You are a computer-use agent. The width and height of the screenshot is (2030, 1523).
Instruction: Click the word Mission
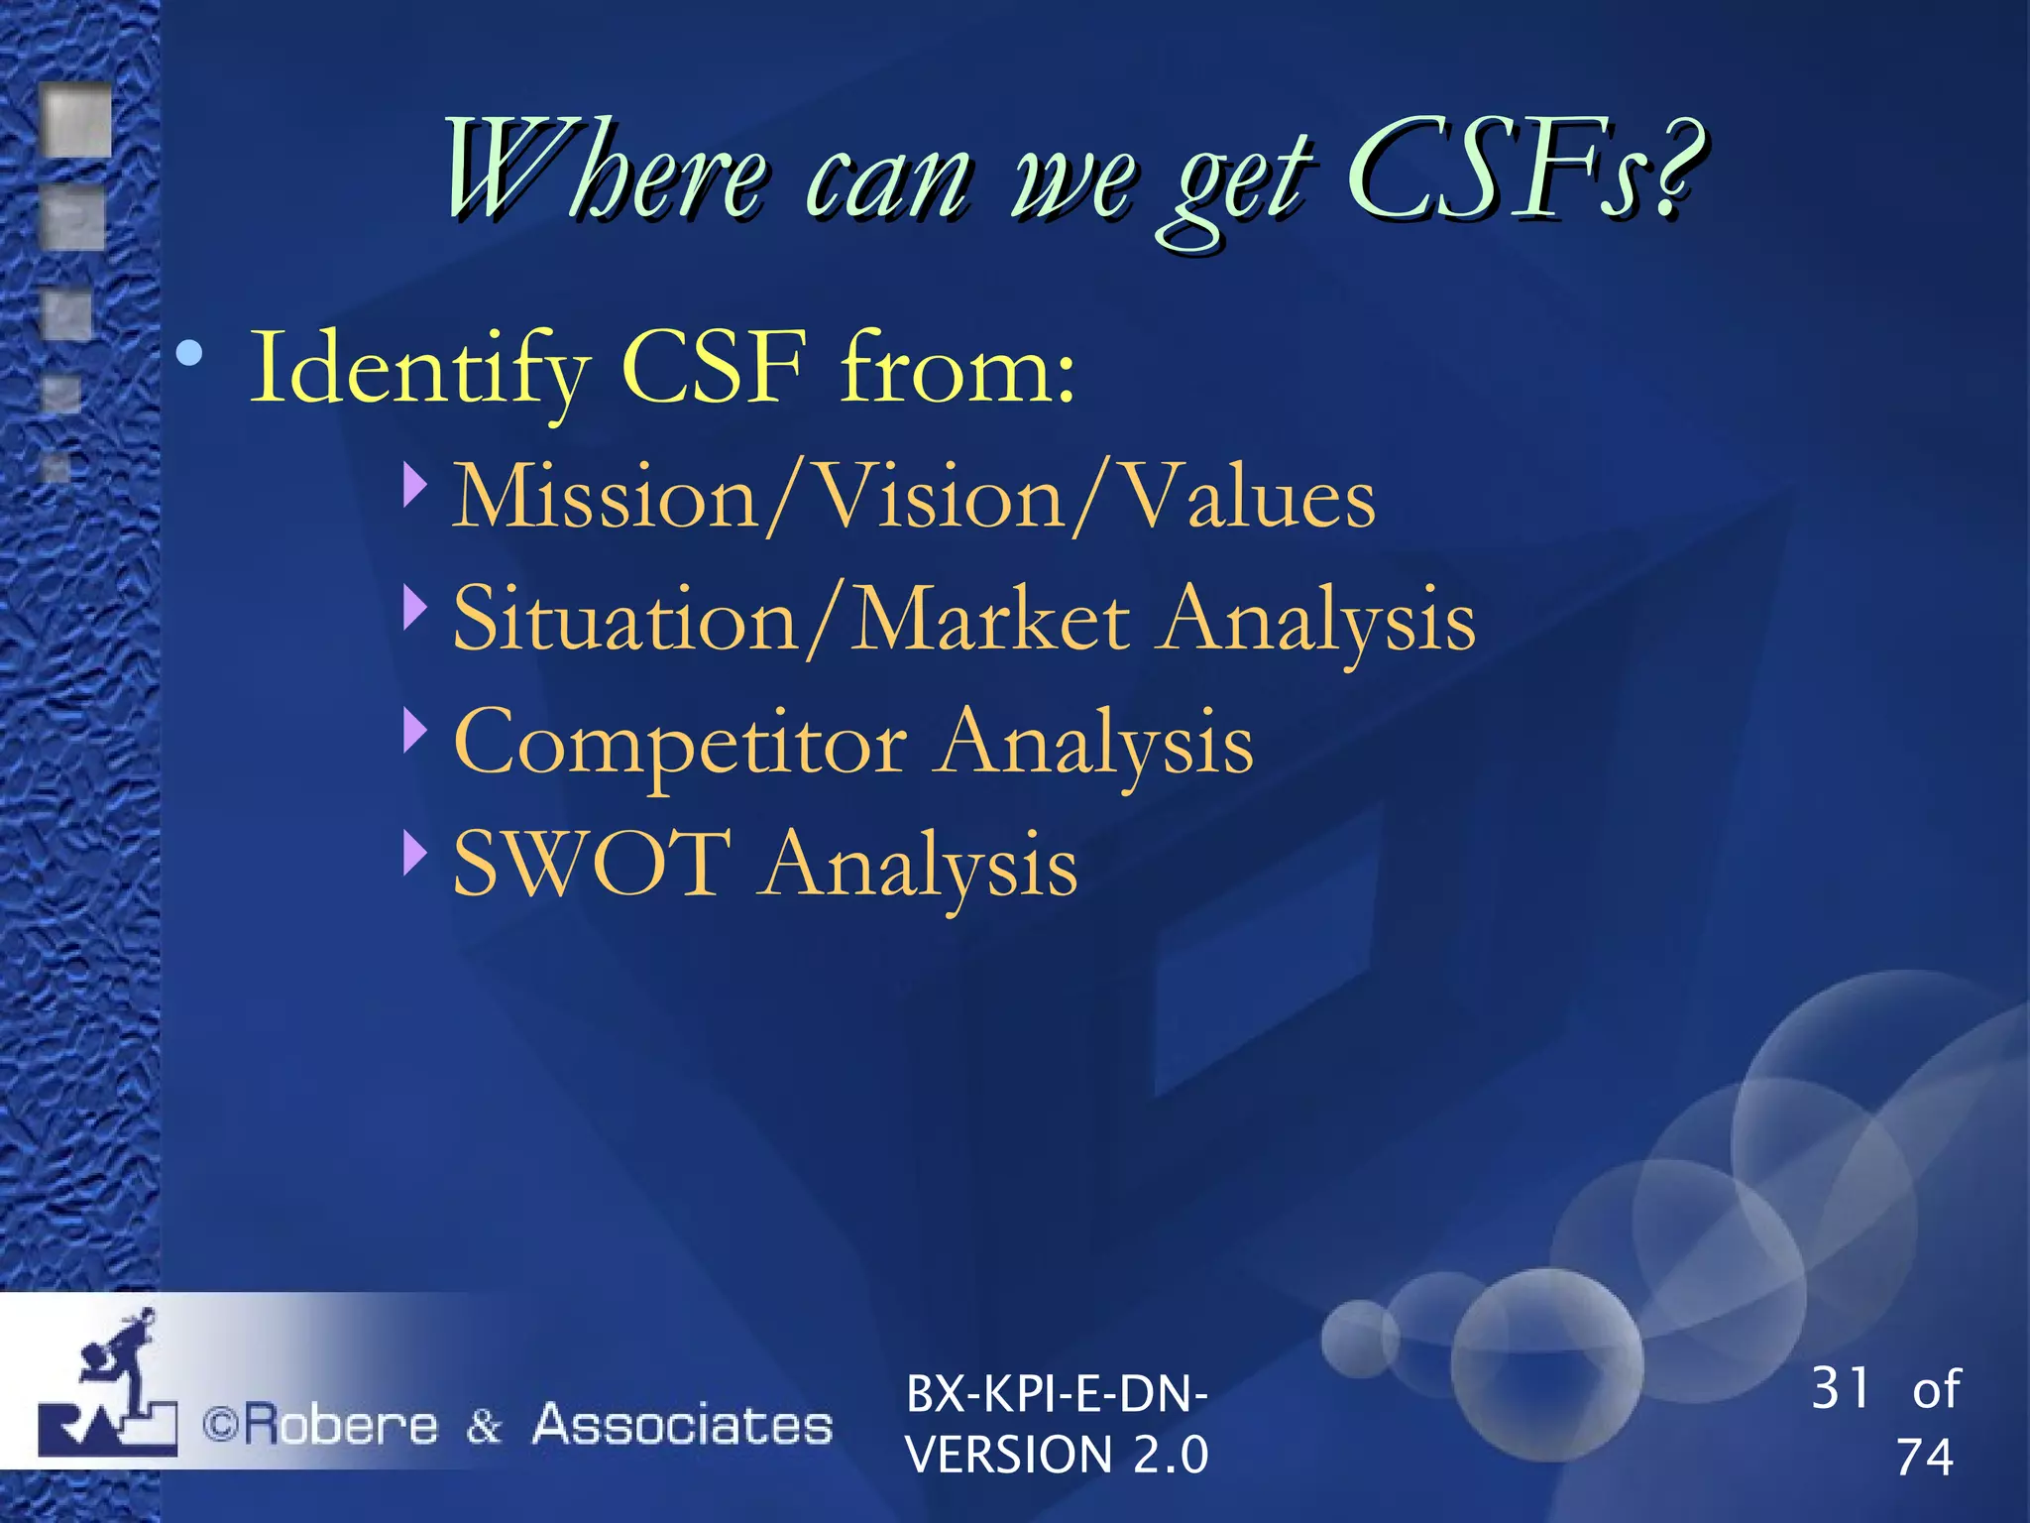point(605,499)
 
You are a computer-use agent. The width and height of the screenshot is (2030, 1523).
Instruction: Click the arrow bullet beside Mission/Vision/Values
point(415,484)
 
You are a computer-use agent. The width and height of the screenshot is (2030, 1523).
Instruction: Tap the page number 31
point(1840,1388)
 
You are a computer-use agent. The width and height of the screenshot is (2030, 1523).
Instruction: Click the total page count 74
point(1924,1458)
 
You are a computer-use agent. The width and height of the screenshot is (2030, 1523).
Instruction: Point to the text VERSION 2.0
point(1057,1455)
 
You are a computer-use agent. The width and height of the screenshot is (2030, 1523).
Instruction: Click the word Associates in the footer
point(682,1426)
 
